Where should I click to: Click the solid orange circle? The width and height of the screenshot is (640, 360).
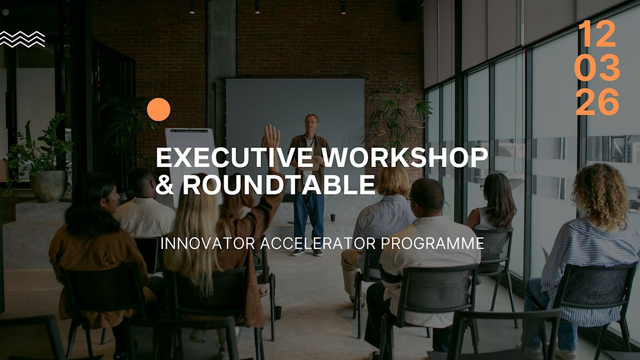(x=158, y=110)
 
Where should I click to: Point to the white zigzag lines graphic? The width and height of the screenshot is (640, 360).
(x=22, y=39)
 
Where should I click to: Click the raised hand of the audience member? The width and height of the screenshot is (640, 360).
(x=271, y=137)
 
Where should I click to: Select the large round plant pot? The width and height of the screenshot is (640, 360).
(x=49, y=186)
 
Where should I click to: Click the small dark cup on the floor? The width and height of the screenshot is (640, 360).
(x=333, y=217)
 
